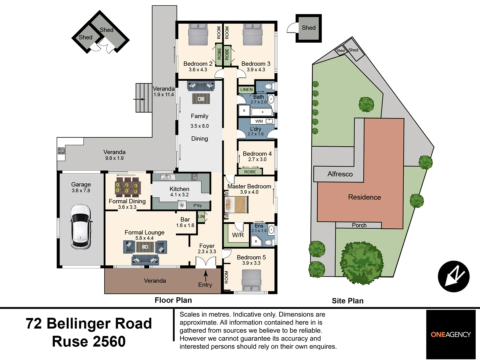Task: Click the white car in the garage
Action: (x=80, y=227)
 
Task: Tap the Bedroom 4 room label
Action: (x=257, y=154)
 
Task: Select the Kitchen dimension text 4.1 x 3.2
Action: (x=179, y=195)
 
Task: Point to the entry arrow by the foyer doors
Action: (x=206, y=275)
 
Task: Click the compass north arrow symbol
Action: (x=453, y=276)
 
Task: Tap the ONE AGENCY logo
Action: (x=451, y=334)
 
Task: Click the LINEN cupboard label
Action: (x=246, y=89)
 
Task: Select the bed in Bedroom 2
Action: (x=198, y=35)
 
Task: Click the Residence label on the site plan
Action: (x=364, y=197)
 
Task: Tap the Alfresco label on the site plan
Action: (x=340, y=174)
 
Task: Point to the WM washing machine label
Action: (x=259, y=121)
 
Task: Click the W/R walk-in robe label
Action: (x=238, y=235)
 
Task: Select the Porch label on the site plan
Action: (x=359, y=225)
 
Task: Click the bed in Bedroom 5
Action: (x=251, y=279)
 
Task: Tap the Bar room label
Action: (x=185, y=219)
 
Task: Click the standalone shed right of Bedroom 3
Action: (x=308, y=28)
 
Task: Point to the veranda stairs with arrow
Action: (x=144, y=98)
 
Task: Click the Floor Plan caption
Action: (x=173, y=300)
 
